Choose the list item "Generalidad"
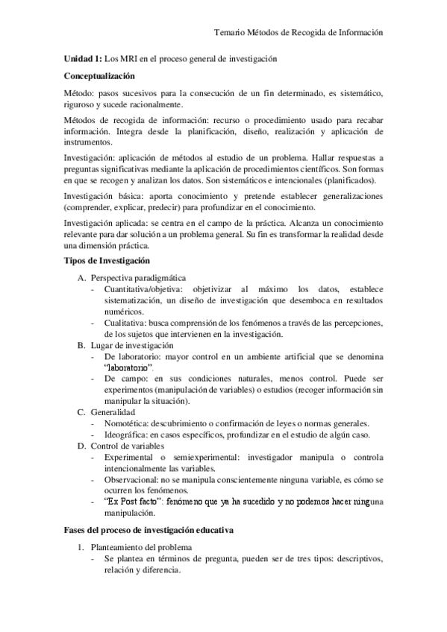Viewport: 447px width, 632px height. [113, 412]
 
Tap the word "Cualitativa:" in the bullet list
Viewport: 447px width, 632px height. [128, 323]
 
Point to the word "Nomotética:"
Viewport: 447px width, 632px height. [128, 423]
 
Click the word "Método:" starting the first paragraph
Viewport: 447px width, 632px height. [80, 93]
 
